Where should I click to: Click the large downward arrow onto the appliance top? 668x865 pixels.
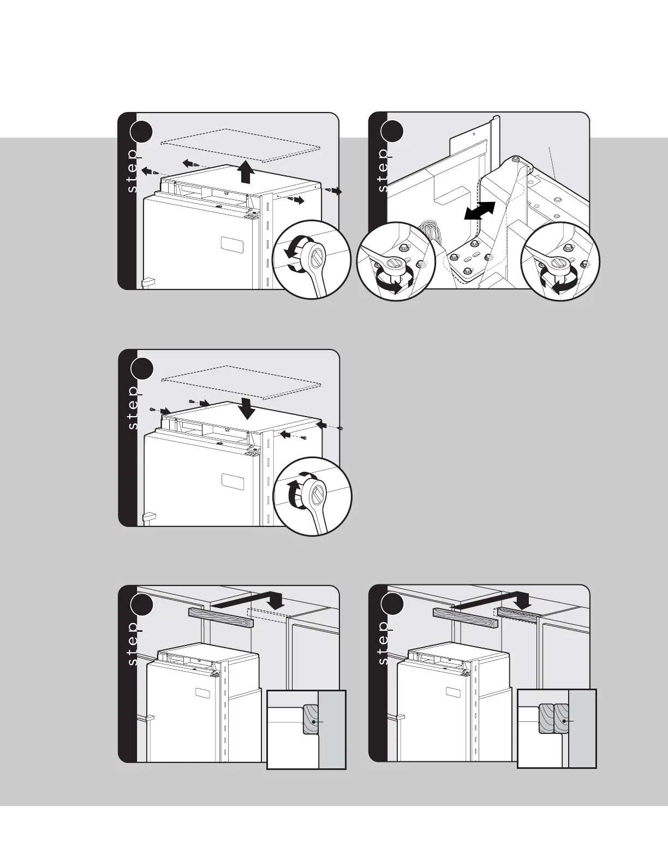pos(248,408)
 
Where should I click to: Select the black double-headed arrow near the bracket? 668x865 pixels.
pos(479,211)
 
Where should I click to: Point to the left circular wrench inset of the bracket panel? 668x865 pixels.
pos(395,261)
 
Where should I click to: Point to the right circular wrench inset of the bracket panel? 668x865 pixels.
pos(560,261)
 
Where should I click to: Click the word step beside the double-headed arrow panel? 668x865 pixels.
pos(383,169)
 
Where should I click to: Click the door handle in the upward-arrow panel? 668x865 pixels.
pos(147,283)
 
